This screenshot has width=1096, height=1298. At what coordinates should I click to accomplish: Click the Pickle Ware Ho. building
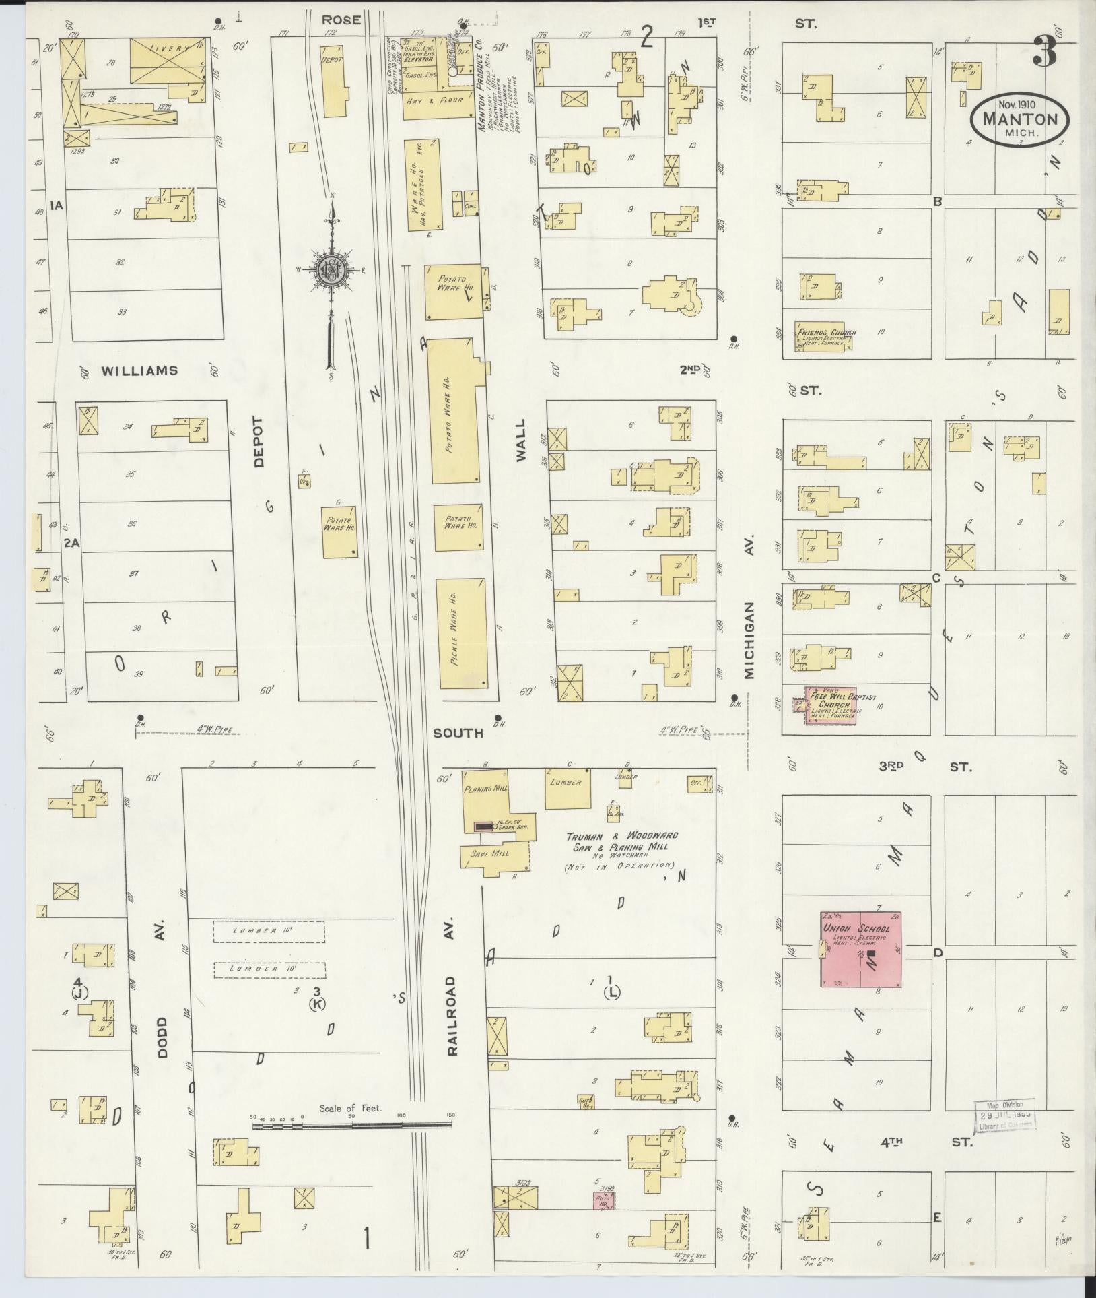click(462, 633)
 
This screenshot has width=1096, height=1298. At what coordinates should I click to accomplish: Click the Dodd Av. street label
click(162, 1031)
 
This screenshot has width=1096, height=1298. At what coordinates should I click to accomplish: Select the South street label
click(458, 732)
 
